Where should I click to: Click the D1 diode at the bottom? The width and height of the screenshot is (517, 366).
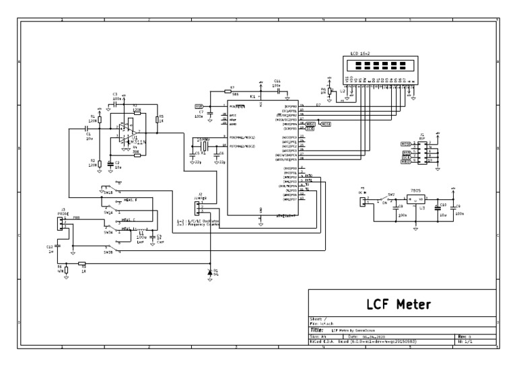[x=209, y=271]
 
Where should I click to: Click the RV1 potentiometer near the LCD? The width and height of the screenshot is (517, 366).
[x=330, y=91]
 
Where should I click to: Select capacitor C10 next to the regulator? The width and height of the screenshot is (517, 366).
[x=438, y=207]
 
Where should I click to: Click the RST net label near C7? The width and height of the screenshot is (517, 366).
[x=199, y=106]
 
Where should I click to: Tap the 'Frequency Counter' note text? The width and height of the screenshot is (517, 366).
[x=201, y=225]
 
